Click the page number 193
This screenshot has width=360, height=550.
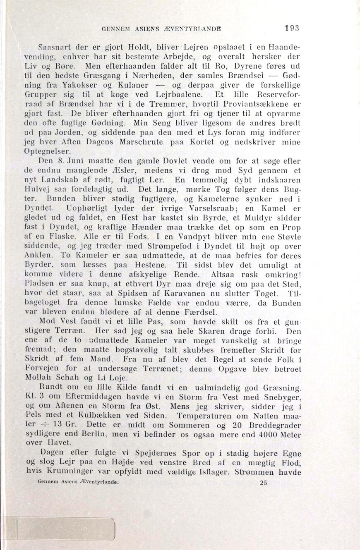coord(292,29)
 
